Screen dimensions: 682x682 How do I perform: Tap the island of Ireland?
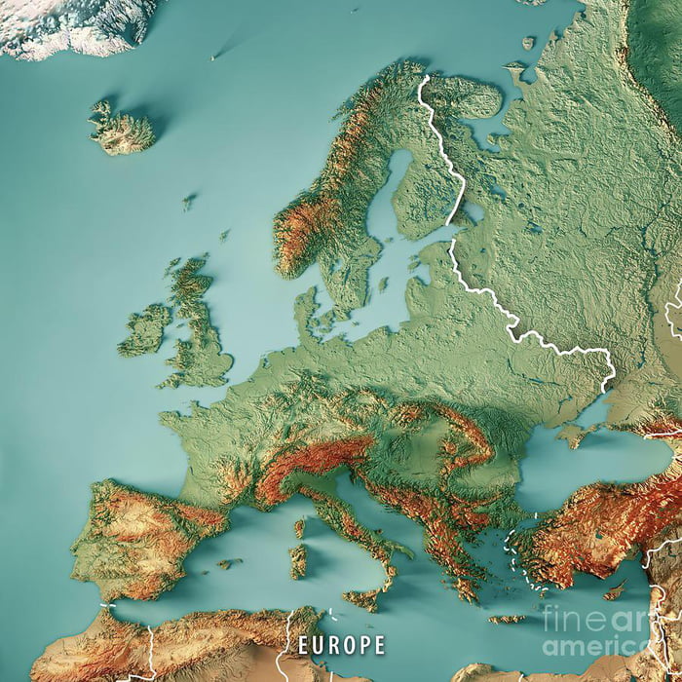click(x=145, y=330)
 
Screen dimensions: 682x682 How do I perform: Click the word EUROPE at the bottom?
click(x=341, y=645)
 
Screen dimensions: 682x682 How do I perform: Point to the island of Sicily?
click(x=362, y=597)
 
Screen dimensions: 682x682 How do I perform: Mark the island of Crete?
click(x=506, y=619)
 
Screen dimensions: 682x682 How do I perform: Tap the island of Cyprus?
click(x=615, y=590)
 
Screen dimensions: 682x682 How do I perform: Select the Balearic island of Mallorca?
click(x=230, y=563)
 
